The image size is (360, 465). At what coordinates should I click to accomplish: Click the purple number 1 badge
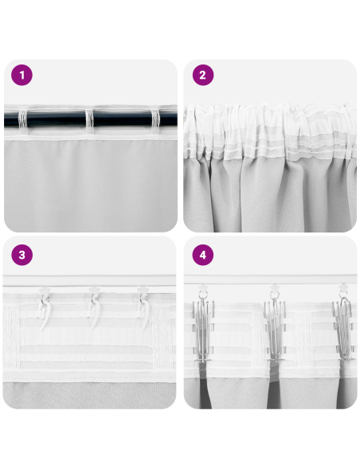[x=22, y=76]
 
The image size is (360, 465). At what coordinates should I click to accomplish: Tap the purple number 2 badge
[x=202, y=76]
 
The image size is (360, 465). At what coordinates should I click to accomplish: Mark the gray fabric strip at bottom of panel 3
[x=90, y=394]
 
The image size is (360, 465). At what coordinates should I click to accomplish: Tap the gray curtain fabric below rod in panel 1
[x=90, y=183]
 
